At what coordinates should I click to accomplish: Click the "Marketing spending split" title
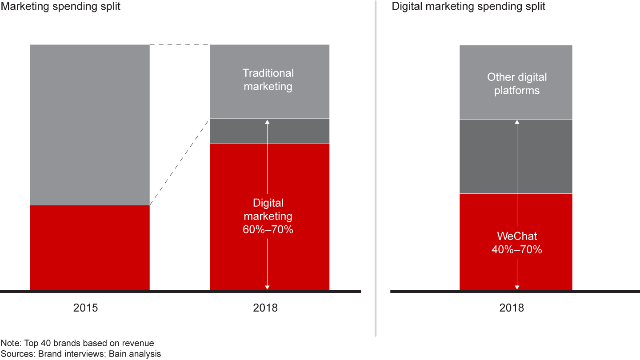pyautogui.click(x=60, y=7)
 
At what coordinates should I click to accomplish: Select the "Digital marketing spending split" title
pyautogui.click(x=468, y=7)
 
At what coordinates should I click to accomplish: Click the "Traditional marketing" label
pyautogui.click(x=268, y=80)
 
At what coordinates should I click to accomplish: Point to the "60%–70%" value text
pyautogui.click(x=268, y=230)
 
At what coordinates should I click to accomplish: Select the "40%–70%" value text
pyautogui.click(x=516, y=250)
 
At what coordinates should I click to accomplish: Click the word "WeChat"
pyautogui.click(x=516, y=236)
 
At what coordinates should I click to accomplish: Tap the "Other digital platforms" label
pyautogui.click(x=516, y=84)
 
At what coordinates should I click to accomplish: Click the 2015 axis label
pyautogui.click(x=85, y=308)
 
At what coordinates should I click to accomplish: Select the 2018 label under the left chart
pyautogui.click(x=265, y=308)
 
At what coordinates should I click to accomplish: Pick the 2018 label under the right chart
pyautogui.click(x=512, y=308)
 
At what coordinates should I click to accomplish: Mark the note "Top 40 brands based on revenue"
pyautogui.click(x=77, y=343)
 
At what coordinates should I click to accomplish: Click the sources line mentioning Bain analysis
pyautogui.click(x=80, y=354)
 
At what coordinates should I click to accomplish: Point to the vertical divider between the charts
pyautogui.click(x=376, y=169)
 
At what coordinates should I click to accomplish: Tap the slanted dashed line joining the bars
pyautogui.click(x=180, y=162)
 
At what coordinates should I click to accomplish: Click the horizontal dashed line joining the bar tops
pyautogui.click(x=180, y=44)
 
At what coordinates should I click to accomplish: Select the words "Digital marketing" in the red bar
pyautogui.click(x=268, y=210)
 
